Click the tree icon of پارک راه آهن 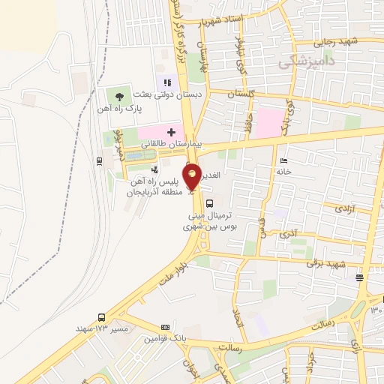point(119,94)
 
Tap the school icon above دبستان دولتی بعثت point(167,82)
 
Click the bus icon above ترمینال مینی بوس point(209,202)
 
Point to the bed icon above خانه point(283,160)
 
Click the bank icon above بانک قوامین point(166,328)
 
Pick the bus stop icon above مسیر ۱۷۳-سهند point(101,317)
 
